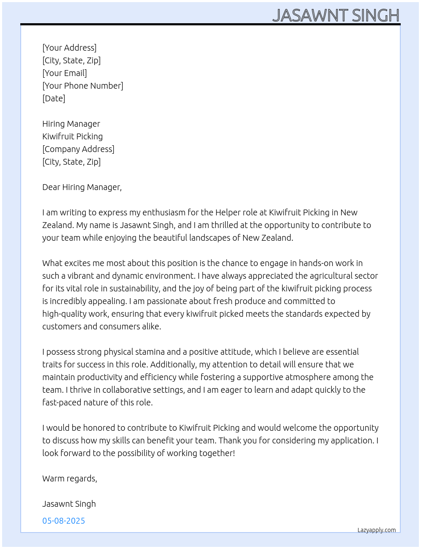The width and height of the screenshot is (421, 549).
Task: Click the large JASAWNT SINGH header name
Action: (x=336, y=16)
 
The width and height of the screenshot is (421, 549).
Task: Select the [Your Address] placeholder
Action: (x=69, y=48)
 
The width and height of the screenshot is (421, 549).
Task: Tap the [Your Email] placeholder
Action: (x=65, y=73)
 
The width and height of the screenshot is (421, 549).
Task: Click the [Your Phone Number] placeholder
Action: (x=83, y=86)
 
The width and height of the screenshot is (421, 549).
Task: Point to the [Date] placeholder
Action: (x=54, y=98)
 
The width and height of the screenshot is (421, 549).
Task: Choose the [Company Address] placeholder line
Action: (x=78, y=149)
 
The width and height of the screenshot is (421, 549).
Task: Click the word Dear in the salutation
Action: (x=51, y=187)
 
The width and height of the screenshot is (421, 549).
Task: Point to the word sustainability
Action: (x=134, y=288)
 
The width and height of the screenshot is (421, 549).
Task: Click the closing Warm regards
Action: (x=70, y=478)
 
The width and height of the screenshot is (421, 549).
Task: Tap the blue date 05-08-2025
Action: (x=63, y=521)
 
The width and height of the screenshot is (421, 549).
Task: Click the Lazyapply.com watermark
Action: (x=377, y=530)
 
